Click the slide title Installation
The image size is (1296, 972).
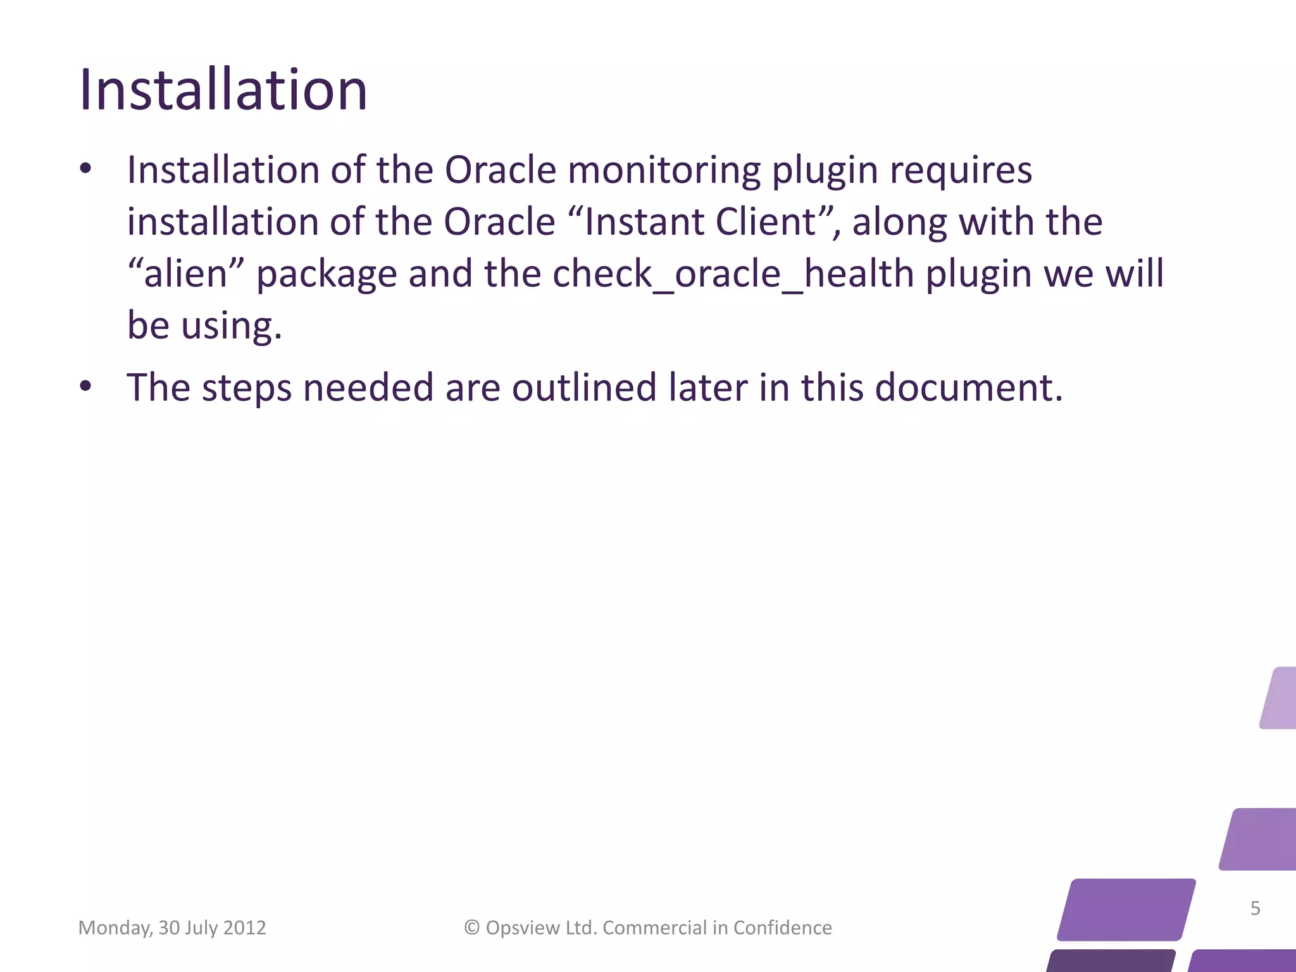[x=223, y=90]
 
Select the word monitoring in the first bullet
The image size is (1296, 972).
[x=664, y=171]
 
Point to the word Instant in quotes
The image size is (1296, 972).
[x=637, y=222]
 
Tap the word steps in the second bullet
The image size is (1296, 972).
[x=247, y=387]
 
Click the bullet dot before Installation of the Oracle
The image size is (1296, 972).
[x=86, y=169]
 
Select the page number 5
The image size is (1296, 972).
[x=1255, y=908]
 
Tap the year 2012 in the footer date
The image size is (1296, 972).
[x=245, y=928]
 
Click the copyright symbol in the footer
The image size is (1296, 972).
[x=472, y=928]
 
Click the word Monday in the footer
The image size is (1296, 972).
[x=115, y=928]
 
